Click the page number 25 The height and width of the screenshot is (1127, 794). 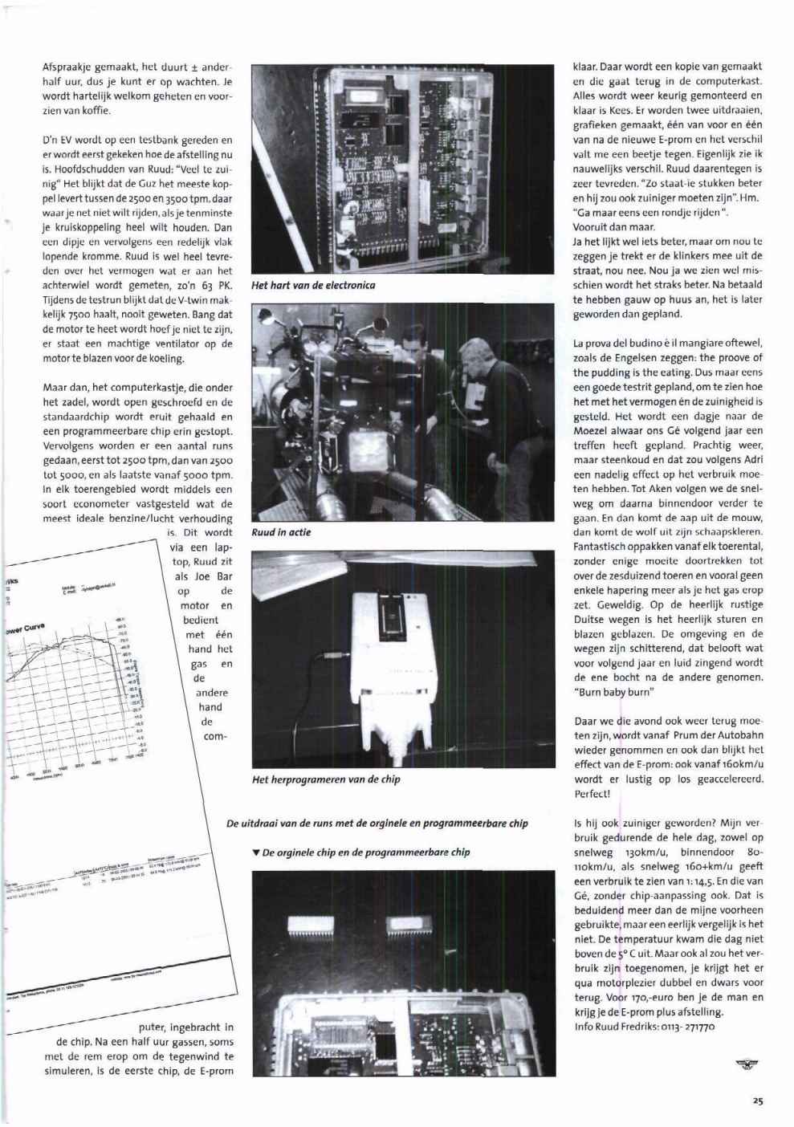pyautogui.click(x=757, y=1101)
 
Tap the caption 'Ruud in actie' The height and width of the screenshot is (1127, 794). pyautogui.click(x=281, y=532)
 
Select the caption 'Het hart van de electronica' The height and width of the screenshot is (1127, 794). pyautogui.click(x=313, y=285)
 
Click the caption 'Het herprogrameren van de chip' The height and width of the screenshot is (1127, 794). pyautogui.click(x=326, y=779)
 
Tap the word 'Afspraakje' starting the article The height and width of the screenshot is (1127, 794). pyautogui.click(x=67, y=67)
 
